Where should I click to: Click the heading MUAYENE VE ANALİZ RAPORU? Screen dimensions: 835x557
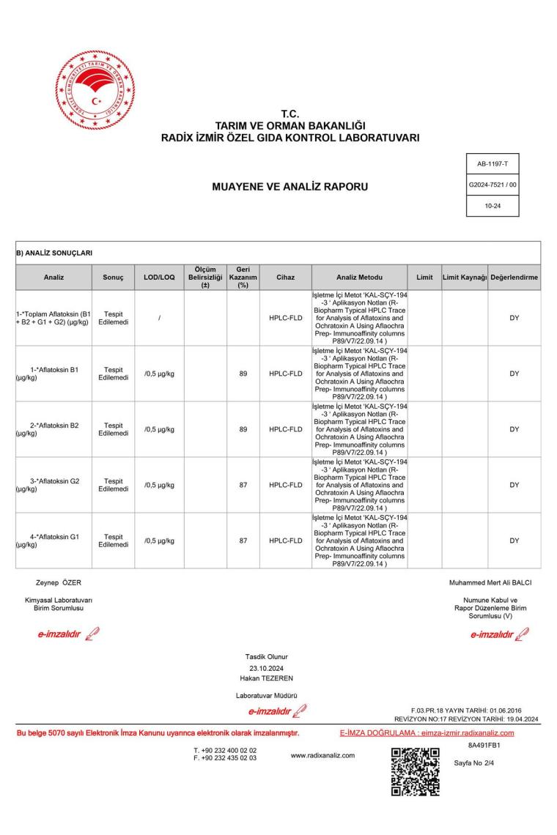(289, 188)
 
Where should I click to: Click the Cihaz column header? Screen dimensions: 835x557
(285, 278)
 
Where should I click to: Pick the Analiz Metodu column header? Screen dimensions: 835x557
(358, 278)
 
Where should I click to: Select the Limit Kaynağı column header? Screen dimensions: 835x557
(465, 278)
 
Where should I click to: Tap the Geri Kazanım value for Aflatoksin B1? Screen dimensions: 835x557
(243, 374)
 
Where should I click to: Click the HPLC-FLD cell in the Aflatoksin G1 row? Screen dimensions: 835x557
(285, 541)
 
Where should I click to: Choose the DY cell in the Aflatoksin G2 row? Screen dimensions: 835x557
(514, 485)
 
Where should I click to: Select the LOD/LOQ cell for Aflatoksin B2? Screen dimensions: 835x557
(159, 429)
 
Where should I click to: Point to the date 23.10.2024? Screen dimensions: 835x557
(267, 667)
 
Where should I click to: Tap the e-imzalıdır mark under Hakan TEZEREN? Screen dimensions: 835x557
(270, 710)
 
